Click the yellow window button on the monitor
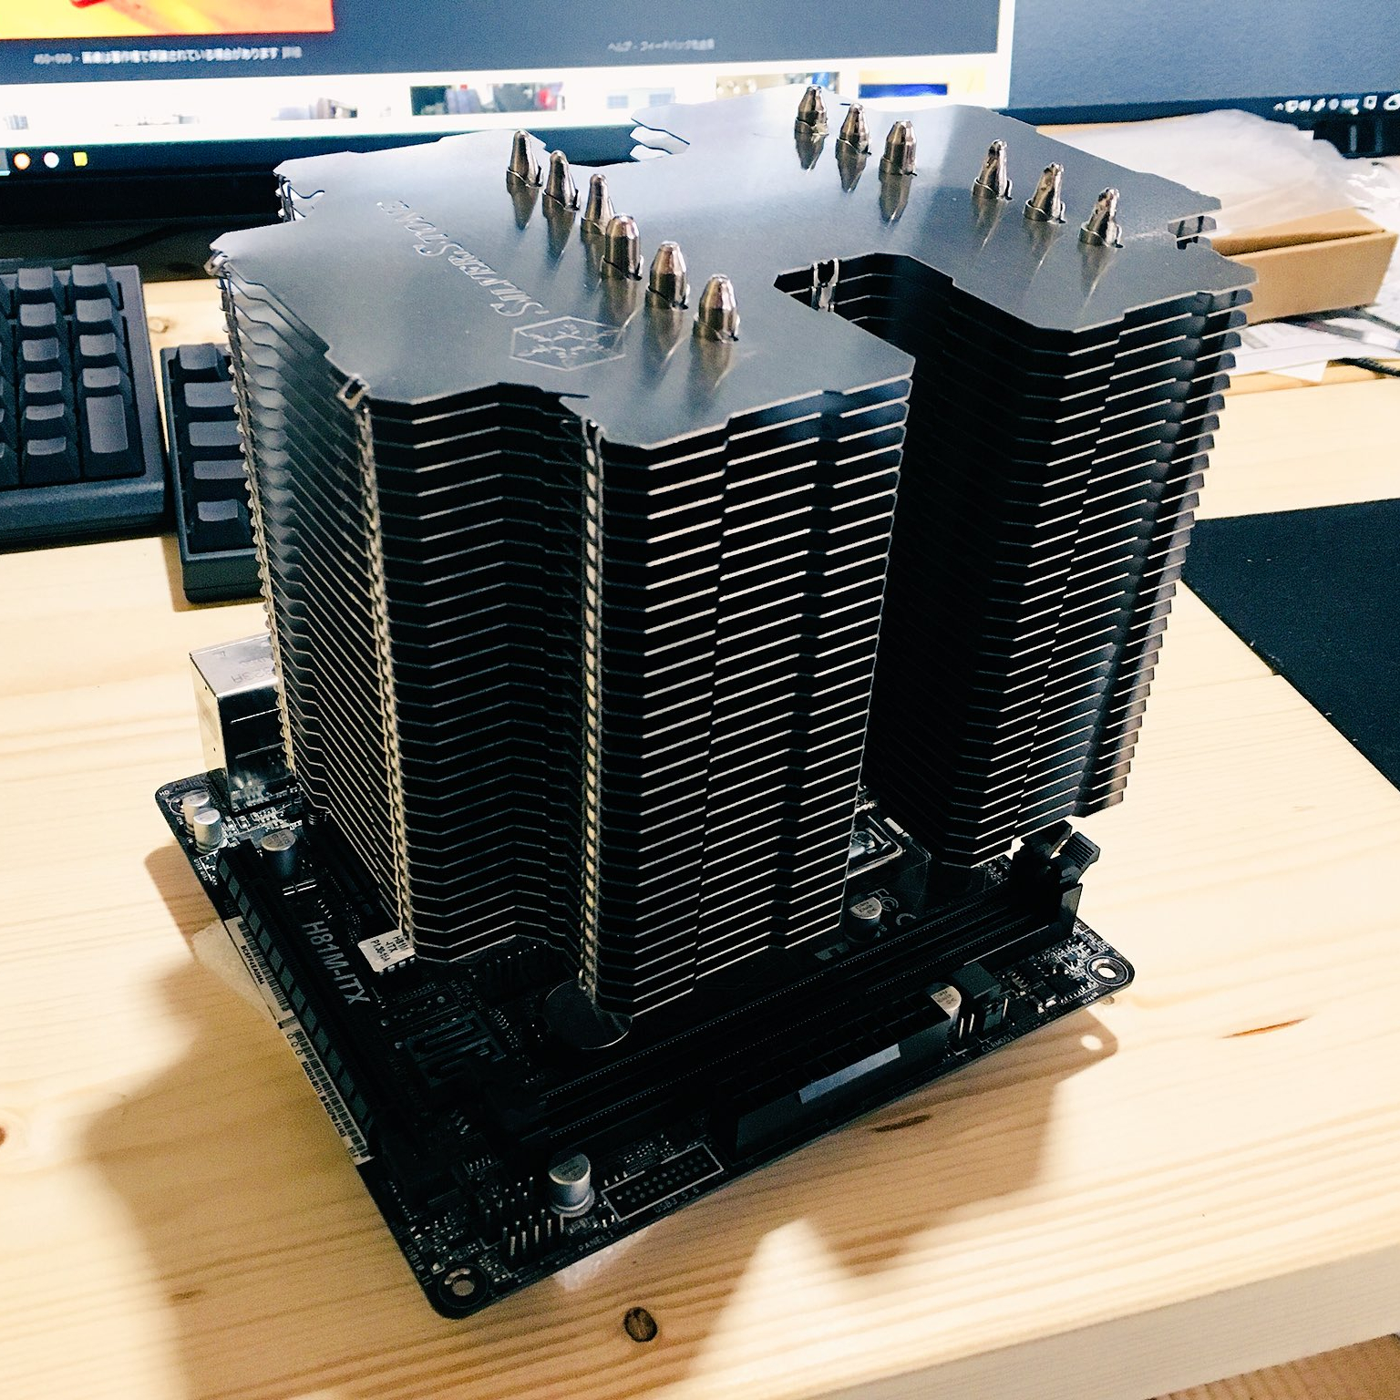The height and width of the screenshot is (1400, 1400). pos(79,159)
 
